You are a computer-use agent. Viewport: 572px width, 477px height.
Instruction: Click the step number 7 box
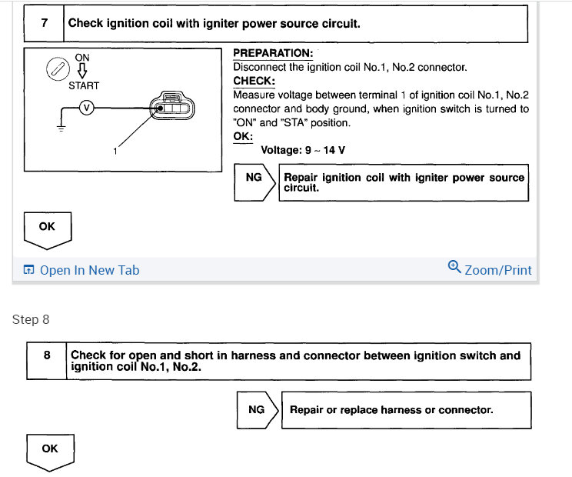coord(45,22)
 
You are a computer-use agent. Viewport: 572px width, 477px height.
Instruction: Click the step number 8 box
coord(48,361)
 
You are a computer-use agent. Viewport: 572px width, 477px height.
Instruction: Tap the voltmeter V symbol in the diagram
coord(86,108)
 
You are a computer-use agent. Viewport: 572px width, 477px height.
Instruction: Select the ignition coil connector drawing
coord(173,107)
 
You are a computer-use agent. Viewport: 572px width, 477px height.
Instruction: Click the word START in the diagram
coord(83,85)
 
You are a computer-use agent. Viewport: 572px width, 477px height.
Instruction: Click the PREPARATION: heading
coord(272,53)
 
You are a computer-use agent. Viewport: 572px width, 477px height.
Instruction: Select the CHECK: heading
coord(254,81)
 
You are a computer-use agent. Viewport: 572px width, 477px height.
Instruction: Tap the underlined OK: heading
coord(242,136)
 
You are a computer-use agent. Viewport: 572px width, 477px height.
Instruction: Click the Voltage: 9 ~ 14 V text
coord(303,150)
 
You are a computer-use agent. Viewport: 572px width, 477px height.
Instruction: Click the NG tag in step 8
coord(258,409)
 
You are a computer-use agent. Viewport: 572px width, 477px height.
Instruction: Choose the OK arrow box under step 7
coord(47,228)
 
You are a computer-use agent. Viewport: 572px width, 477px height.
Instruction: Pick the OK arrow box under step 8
coord(49,451)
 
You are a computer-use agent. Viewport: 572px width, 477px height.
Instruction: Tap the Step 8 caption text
coord(31,319)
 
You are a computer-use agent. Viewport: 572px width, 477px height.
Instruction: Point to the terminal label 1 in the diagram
coord(115,152)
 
